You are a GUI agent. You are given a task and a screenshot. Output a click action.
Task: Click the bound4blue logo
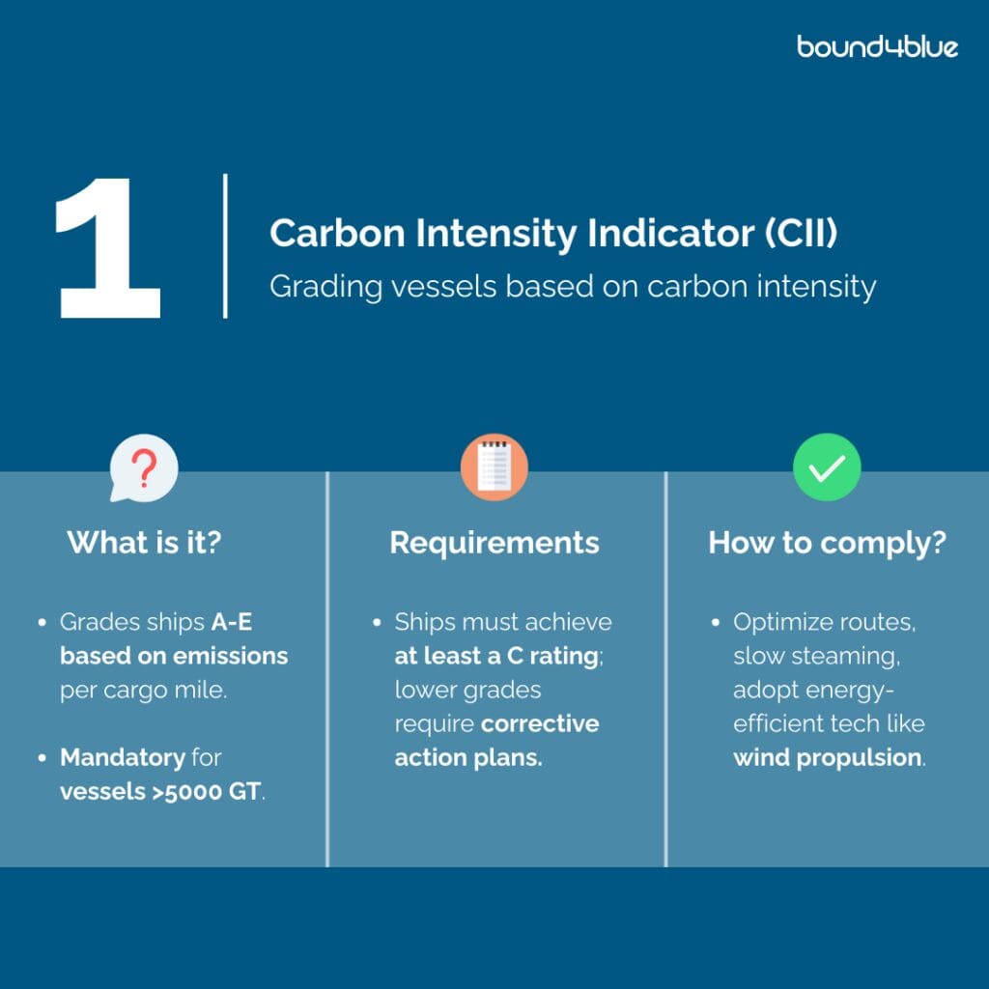[x=877, y=46]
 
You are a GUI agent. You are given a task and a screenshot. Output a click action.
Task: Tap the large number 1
[x=108, y=247]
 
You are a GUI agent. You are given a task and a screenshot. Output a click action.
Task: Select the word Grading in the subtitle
[x=325, y=288]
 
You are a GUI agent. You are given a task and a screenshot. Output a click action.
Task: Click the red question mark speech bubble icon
[x=144, y=468]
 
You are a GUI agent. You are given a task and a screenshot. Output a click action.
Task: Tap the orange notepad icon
[x=494, y=466]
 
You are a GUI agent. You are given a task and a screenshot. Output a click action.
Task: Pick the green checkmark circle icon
[x=827, y=466]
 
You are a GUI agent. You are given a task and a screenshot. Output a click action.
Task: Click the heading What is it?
[x=145, y=543]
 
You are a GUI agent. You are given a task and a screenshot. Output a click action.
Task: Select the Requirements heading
[x=494, y=543]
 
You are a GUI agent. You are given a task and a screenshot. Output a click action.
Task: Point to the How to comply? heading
[x=827, y=543]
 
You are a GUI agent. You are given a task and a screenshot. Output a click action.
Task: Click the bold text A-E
[x=232, y=622]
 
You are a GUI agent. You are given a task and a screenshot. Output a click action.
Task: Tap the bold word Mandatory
[x=123, y=757]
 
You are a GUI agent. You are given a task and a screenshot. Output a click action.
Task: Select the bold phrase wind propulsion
[x=827, y=757]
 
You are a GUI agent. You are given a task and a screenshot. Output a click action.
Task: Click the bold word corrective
[x=540, y=723]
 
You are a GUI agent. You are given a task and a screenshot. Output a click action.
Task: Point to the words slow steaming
[x=815, y=656]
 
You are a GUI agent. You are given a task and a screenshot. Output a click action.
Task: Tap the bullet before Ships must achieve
[x=377, y=623]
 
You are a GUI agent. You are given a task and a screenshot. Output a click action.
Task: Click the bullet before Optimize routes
[x=716, y=623]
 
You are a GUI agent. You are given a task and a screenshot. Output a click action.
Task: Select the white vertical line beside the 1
[x=225, y=246]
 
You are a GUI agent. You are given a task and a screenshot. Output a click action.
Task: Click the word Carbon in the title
[x=337, y=234]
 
